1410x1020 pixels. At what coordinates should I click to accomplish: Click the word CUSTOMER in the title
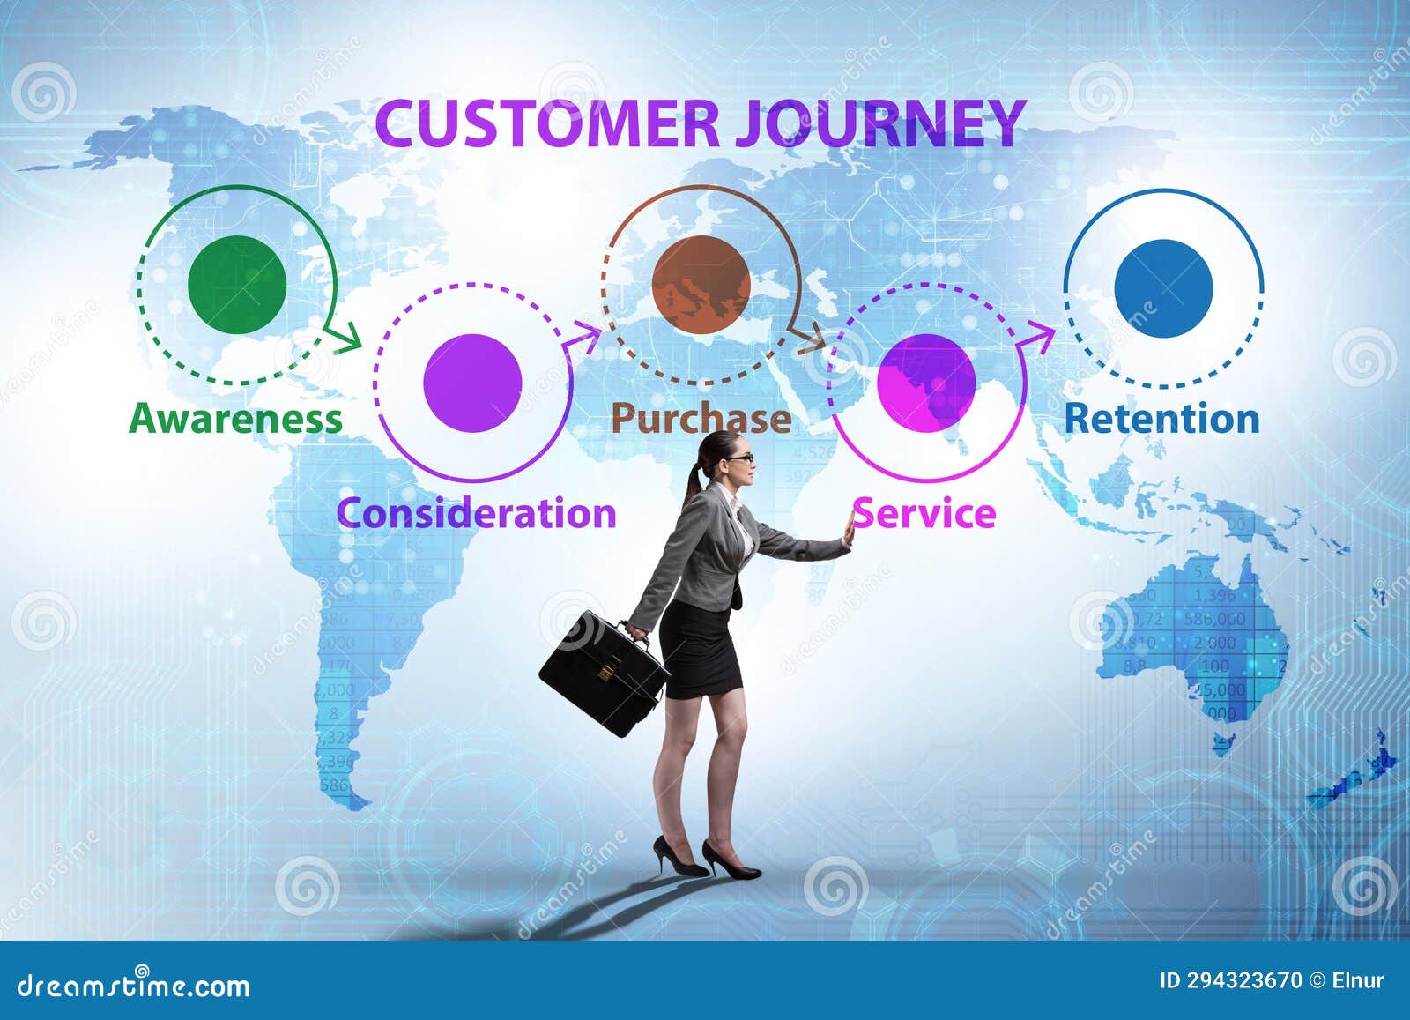pyautogui.click(x=546, y=123)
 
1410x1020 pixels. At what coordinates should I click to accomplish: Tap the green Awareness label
pyautogui.click(x=235, y=419)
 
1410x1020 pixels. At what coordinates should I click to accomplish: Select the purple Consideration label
pyautogui.click(x=476, y=513)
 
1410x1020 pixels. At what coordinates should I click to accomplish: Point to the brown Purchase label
pyautogui.click(x=701, y=419)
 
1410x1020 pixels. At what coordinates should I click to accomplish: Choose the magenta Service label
pyautogui.click(x=924, y=513)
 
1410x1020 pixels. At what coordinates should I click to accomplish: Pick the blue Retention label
pyautogui.click(x=1161, y=419)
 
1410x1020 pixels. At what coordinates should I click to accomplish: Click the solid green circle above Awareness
pyautogui.click(x=237, y=285)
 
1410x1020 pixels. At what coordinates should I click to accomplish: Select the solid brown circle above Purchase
pyautogui.click(x=701, y=285)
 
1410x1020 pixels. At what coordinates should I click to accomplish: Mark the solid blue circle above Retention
pyautogui.click(x=1163, y=288)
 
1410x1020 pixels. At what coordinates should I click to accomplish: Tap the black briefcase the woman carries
pyautogui.click(x=603, y=674)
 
